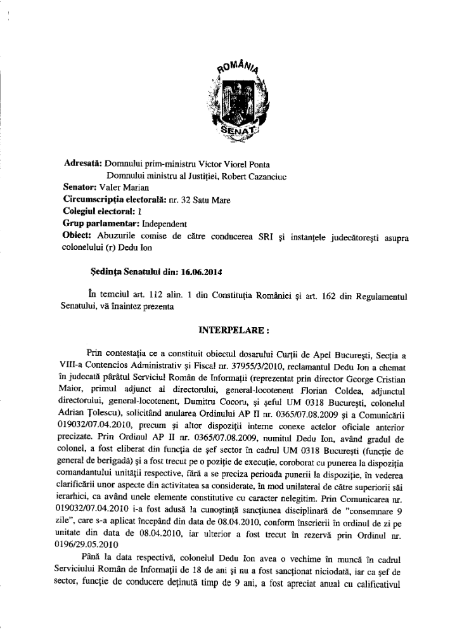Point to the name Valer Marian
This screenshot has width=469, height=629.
[126, 187]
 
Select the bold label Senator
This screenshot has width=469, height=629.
[80, 187]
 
